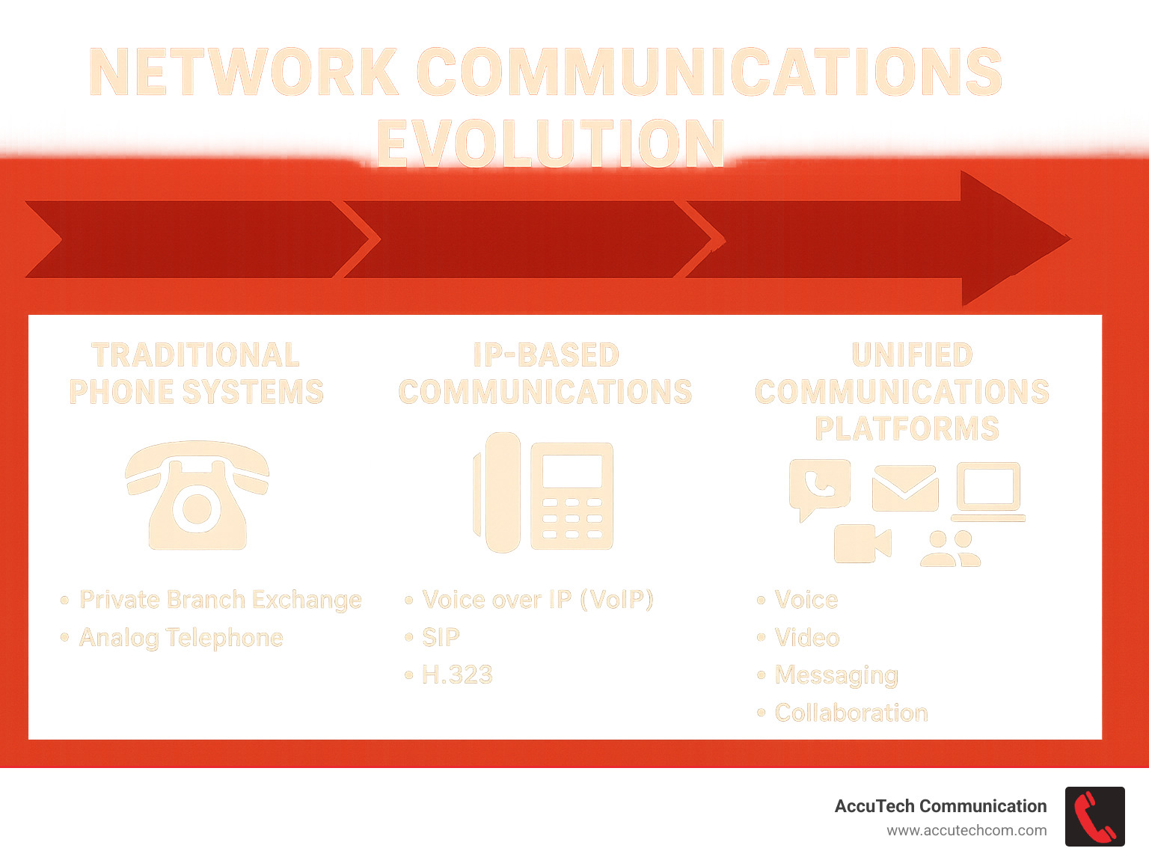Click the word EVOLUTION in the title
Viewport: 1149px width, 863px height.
point(551,143)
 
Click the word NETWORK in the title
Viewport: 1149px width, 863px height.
point(244,73)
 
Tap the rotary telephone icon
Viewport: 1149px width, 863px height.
point(197,495)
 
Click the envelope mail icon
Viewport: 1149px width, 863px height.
point(905,488)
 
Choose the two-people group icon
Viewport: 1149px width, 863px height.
point(950,549)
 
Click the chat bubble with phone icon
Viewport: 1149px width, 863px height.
point(819,487)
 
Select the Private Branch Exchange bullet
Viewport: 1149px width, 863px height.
point(220,600)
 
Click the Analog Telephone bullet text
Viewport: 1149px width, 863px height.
point(181,638)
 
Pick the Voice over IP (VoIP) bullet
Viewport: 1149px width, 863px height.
point(537,600)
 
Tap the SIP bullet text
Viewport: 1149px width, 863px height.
point(441,637)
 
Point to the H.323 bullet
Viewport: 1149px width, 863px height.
point(457,675)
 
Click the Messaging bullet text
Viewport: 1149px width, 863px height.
point(836,675)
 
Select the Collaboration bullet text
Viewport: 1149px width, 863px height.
point(851,713)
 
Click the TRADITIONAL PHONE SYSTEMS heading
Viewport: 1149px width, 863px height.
point(196,373)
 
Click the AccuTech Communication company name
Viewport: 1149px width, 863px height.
point(940,806)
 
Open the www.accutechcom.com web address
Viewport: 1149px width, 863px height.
point(966,831)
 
